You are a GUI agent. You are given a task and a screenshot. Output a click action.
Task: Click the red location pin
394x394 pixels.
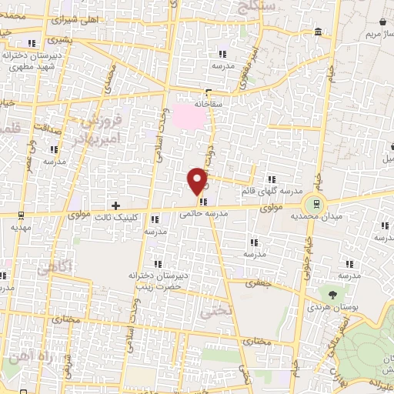click(198, 180)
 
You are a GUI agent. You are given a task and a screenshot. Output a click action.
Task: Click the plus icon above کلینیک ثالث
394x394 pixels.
click(115, 205)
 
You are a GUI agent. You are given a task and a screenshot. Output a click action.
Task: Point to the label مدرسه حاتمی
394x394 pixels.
click(202, 216)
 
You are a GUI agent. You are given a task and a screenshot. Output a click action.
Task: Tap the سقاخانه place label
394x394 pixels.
click(208, 102)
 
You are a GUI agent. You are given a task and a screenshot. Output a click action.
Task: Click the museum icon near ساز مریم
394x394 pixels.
click(319, 31)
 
